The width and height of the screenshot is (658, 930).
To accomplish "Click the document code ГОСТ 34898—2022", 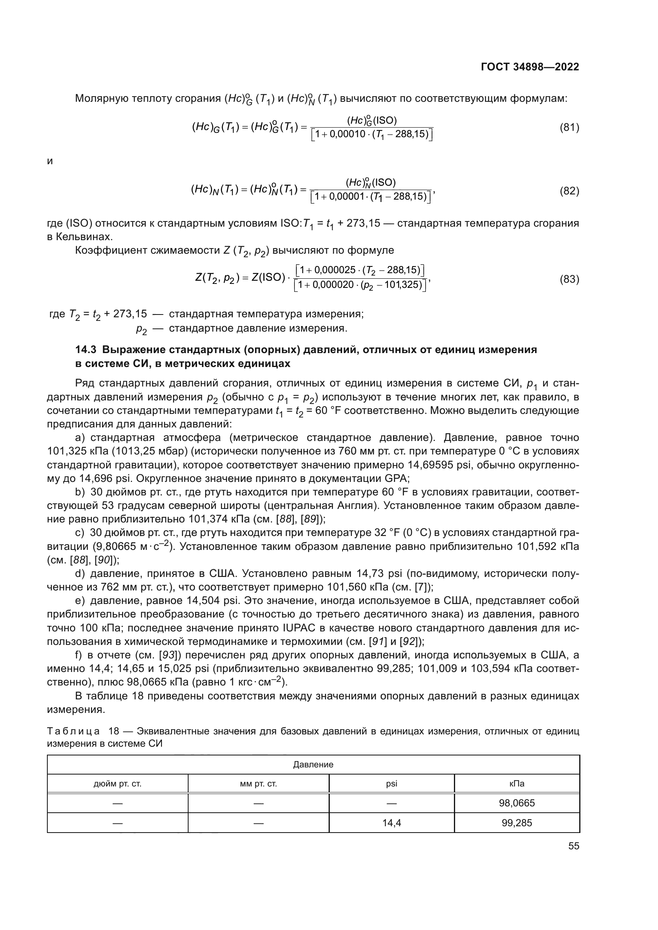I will [x=530, y=67].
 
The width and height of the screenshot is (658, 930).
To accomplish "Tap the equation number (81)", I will [x=569, y=128].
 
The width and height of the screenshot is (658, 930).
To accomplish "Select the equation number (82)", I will [x=569, y=191].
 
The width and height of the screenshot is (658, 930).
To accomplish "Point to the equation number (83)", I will [x=569, y=279].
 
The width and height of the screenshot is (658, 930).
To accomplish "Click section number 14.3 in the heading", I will [x=87, y=349].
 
